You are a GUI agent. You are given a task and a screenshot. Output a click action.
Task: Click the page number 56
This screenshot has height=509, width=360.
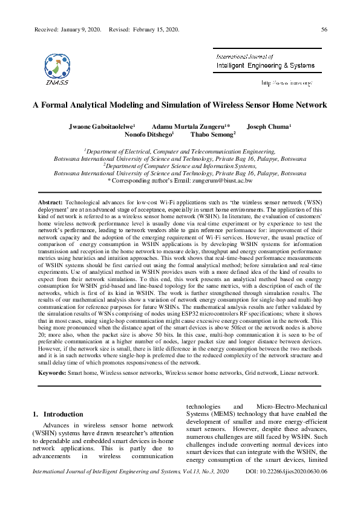pos(324,29)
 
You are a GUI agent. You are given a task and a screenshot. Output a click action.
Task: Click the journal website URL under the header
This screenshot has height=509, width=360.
pos(286,82)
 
